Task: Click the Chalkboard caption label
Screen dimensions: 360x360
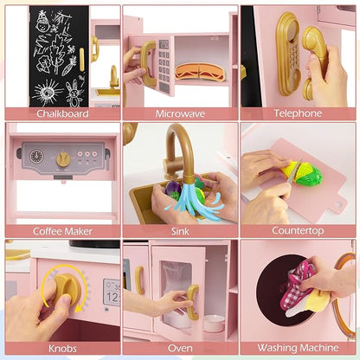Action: point(62,113)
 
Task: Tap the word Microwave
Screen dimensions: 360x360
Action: point(180,113)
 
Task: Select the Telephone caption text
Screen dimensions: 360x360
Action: point(298,113)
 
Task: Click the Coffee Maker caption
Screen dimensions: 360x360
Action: point(62,231)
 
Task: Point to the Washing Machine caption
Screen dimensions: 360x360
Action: point(298,348)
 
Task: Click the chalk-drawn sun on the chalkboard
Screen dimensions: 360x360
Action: point(47,92)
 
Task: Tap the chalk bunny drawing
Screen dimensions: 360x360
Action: point(74,93)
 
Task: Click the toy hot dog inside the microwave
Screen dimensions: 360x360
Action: point(200,72)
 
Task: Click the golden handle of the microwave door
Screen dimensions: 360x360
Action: point(148,63)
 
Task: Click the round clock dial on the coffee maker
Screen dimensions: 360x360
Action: point(36,157)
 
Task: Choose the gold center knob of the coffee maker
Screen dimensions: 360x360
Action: point(63,160)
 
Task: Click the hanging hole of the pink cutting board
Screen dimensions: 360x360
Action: point(337,204)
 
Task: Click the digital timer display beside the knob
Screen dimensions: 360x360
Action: point(112,292)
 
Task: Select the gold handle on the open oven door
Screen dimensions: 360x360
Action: point(193,302)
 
